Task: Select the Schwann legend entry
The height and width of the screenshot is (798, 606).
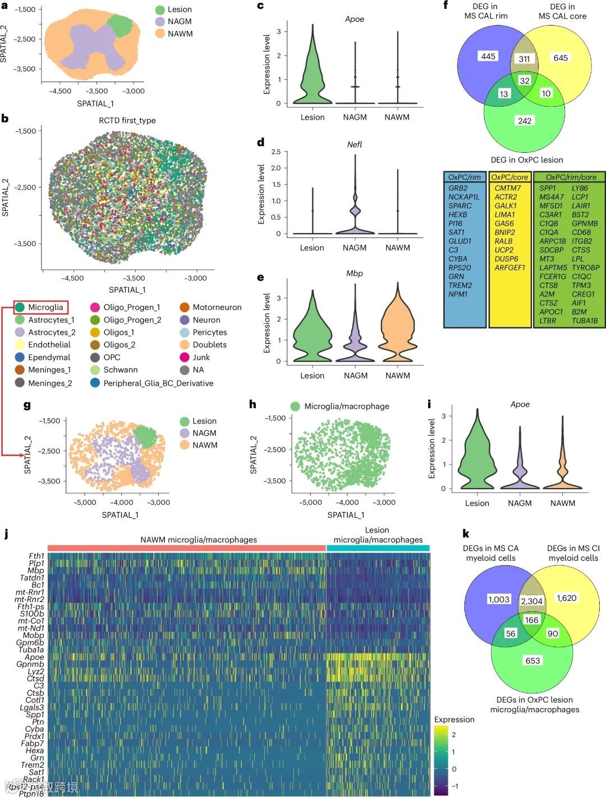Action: pyautogui.click(x=120, y=370)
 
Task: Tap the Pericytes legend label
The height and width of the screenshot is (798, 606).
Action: pyautogui.click(x=209, y=332)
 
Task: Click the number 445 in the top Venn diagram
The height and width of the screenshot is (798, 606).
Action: pyautogui.click(x=488, y=56)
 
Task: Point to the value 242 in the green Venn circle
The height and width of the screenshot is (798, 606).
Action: pyautogui.click(x=525, y=121)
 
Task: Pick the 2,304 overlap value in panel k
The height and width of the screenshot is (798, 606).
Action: pyautogui.click(x=531, y=601)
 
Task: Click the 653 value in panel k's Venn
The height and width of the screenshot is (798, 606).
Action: pyautogui.click(x=532, y=660)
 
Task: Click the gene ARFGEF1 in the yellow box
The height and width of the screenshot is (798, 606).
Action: pyautogui.click(x=509, y=268)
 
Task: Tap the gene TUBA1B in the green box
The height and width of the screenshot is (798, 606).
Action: pyautogui.click(x=585, y=321)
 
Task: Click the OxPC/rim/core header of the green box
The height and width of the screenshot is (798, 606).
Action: pyautogui.click(x=568, y=177)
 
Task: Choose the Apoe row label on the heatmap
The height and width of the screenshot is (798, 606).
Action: pyautogui.click(x=34, y=657)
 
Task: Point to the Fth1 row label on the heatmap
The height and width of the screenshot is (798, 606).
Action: pyautogui.click(x=36, y=556)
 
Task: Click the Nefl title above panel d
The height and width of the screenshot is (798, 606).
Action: pyautogui.click(x=355, y=144)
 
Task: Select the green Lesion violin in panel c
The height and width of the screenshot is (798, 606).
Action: pyautogui.click(x=313, y=73)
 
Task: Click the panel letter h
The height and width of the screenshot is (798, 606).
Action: pyautogui.click(x=252, y=404)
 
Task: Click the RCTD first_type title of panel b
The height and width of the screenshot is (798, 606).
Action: pyautogui.click(x=127, y=120)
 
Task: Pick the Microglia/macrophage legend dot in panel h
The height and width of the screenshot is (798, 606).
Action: pyautogui.click(x=295, y=406)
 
